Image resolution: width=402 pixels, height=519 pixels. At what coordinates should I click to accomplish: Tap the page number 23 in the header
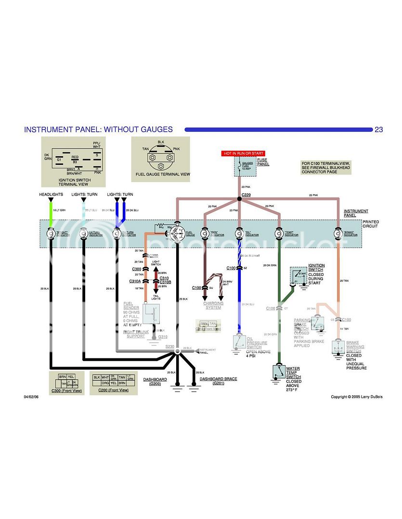(379, 129)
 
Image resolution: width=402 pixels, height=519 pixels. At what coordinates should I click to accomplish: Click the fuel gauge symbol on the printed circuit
(177, 234)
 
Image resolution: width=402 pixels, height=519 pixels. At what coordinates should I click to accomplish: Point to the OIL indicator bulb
(239, 234)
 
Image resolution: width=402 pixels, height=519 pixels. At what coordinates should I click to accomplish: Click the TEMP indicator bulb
(278, 234)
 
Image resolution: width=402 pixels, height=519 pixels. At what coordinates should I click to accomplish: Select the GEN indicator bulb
(205, 234)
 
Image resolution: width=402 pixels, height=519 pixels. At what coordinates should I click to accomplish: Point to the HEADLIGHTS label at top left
(52, 195)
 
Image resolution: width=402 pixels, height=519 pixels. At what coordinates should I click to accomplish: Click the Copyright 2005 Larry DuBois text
(356, 397)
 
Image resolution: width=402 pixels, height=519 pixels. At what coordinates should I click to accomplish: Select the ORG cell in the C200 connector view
(105, 383)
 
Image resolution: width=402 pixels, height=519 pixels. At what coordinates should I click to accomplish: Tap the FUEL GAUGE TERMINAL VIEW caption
(163, 174)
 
